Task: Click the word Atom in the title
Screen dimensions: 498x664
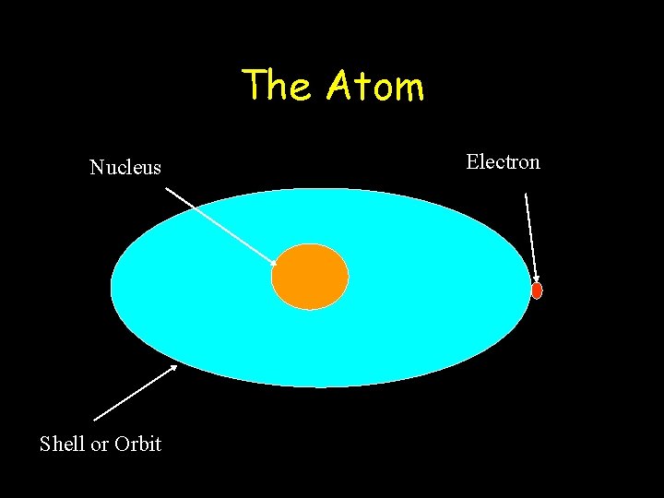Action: tap(375, 87)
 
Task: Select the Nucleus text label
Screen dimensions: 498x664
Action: tap(125, 168)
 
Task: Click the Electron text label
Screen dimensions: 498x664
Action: tap(503, 162)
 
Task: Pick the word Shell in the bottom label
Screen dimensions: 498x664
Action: tap(62, 444)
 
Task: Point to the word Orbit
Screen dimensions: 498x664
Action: tap(138, 444)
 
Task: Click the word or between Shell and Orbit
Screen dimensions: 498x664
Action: tap(100, 445)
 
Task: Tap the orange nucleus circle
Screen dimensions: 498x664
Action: tap(310, 277)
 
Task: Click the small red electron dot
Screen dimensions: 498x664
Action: tap(537, 290)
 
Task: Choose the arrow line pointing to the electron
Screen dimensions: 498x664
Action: tap(531, 235)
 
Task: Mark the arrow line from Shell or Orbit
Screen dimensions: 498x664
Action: tap(135, 393)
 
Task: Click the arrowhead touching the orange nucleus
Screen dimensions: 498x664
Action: tap(273, 263)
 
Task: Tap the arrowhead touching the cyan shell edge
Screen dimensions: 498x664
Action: tap(172, 368)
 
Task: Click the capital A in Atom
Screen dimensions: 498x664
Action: tap(340, 87)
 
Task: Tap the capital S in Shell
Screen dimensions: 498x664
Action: tap(45, 444)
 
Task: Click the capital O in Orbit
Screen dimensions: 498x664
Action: tap(123, 444)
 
